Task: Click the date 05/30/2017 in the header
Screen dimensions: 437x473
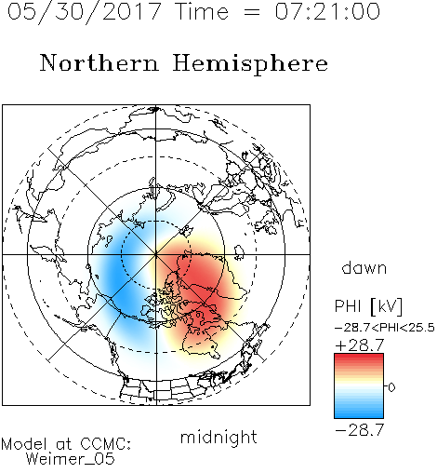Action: click(x=84, y=12)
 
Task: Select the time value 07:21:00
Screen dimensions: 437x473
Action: click(x=327, y=11)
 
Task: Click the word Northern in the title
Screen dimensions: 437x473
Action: click(x=99, y=63)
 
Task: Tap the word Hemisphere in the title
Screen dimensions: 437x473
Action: click(x=250, y=64)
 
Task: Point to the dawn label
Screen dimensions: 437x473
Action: click(x=364, y=267)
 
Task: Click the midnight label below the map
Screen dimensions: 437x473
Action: click(x=218, y=438)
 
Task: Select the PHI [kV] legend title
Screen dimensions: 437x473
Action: click(x=368, y=307)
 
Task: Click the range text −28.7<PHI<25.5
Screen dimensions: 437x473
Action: click(x=385, y=328)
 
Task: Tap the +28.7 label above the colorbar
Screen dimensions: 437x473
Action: click(x=360, y=345)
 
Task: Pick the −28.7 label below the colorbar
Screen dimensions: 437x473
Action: click(x=360, y=430)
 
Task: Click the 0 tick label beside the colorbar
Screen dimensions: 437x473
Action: click(x=391, y=387)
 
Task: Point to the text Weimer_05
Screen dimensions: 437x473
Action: click(x=71, y=459)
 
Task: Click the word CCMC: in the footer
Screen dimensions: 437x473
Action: click(x=106, y=444)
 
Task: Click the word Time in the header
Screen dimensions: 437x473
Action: click(x=202, y=12)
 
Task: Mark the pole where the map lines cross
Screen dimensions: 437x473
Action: click(x=156, y=254)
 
